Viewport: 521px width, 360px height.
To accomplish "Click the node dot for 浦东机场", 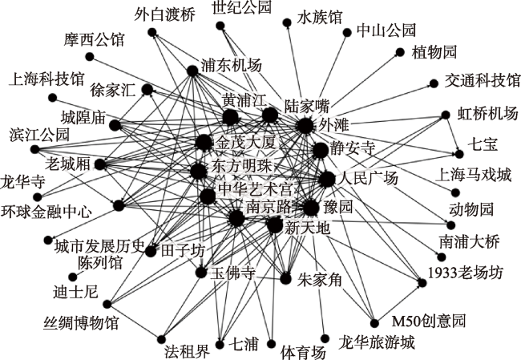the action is (x=192, y=71).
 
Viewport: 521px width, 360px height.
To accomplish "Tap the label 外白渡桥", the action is (x=165, y=15).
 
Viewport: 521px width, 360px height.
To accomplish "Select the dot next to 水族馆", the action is (x=287, y=22).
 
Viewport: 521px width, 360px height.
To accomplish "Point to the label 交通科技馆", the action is (x=483, y=80).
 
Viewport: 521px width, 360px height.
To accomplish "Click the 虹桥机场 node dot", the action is (x=446, y=115).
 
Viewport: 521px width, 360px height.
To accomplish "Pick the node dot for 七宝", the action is (x=459, y=154).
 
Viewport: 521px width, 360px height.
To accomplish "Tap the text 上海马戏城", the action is (x=473, y=175).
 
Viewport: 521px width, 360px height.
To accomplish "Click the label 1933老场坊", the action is (x=465, y=273).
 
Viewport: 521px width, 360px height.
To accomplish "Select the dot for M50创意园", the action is (x=374, y=323).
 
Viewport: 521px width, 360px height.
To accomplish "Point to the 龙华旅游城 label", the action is (x=377, y=342).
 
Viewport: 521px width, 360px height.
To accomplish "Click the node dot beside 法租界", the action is (x=161, y=339).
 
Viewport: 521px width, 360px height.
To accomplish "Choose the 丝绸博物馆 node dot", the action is (x=107, y=304).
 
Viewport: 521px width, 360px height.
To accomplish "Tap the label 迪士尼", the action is (x=75, y=292).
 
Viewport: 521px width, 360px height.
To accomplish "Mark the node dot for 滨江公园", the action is (x=35, y=149).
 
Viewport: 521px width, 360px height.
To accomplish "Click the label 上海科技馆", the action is (x=46, y=79).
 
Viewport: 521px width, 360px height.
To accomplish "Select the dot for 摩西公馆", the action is (x=90, y=57).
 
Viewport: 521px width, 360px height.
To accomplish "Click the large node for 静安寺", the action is (x=321, y=150).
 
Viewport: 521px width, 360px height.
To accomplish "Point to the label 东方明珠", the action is (x=242, y=166).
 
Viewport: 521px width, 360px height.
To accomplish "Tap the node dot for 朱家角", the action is (x=286, y=278).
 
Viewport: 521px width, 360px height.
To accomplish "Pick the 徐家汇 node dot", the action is (x=147, y=90).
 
